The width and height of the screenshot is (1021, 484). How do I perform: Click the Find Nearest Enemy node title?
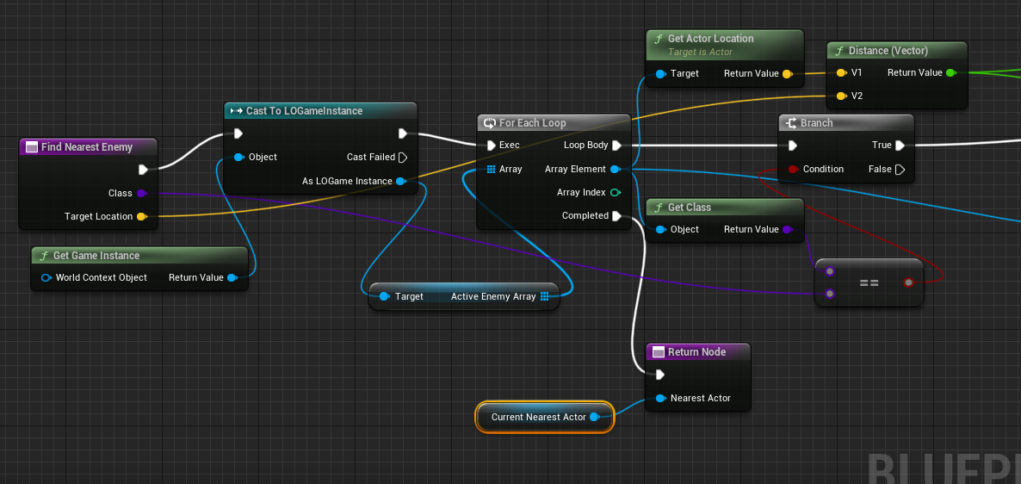click(x=87, y=147)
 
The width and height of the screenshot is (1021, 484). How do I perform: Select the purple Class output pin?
click(x=141, y=193)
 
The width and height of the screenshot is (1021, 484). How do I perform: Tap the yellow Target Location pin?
click(x=141, y=216)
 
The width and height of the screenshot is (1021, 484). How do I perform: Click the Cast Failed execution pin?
click(x=402, y=157)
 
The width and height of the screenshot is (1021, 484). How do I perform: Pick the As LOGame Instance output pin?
click(x=400, y=181)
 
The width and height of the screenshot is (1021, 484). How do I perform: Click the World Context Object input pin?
click(x=46, y=277)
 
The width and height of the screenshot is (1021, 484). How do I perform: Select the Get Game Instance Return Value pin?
click(x=232, y=277)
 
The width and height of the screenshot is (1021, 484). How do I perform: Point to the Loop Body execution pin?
click(x=616, y=146)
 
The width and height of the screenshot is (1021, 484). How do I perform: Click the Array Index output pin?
click(x=615, y=192)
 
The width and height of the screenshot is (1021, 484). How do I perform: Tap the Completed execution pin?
click(x=616, y=215)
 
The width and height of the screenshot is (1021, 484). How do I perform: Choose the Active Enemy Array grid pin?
click(x=545, y=296)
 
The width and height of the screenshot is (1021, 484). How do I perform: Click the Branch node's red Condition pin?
click(x=793, y=169)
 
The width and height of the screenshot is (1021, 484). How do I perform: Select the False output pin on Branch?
click(x=900, y=170)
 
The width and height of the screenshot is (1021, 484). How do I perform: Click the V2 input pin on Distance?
click(x=841, y=96)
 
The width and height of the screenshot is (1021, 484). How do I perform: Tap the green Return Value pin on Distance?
click(x=950, y=72)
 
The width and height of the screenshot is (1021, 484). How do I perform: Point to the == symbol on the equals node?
click(x=869, y=283)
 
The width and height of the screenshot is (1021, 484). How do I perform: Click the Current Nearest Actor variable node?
click(x=545, y=417)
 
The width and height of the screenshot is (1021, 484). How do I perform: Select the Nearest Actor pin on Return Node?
click(x=660, y=398)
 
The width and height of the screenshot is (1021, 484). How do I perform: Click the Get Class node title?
click(x=690, y=208)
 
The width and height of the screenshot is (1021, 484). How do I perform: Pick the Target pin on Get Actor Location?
click(x=660, y=73)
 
